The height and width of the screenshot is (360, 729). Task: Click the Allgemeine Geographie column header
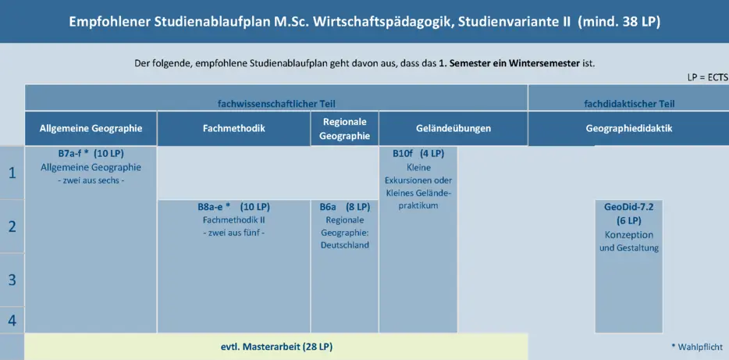coord(91,128)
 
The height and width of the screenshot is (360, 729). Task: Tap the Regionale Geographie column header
coord(344,128)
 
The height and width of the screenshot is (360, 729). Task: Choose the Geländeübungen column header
coord(453,128)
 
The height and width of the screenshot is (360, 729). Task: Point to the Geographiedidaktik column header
coord(629,128)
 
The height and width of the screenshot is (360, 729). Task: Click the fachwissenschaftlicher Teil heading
coord(276,104)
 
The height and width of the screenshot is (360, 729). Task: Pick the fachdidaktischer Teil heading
coord(629,104)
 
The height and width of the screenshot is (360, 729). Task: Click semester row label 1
coord(12,173)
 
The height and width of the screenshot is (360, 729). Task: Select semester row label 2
coord(12,226)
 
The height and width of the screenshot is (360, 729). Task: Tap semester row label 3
coord(12,280)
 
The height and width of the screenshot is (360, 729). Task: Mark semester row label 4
coord(12,320)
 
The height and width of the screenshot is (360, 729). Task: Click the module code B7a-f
coord(68,154)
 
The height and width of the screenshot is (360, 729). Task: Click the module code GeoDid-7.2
coord(628,207)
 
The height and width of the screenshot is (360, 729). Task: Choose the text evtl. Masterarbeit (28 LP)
coord(276,347)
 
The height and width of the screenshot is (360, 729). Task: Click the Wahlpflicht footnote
coord(697,347)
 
